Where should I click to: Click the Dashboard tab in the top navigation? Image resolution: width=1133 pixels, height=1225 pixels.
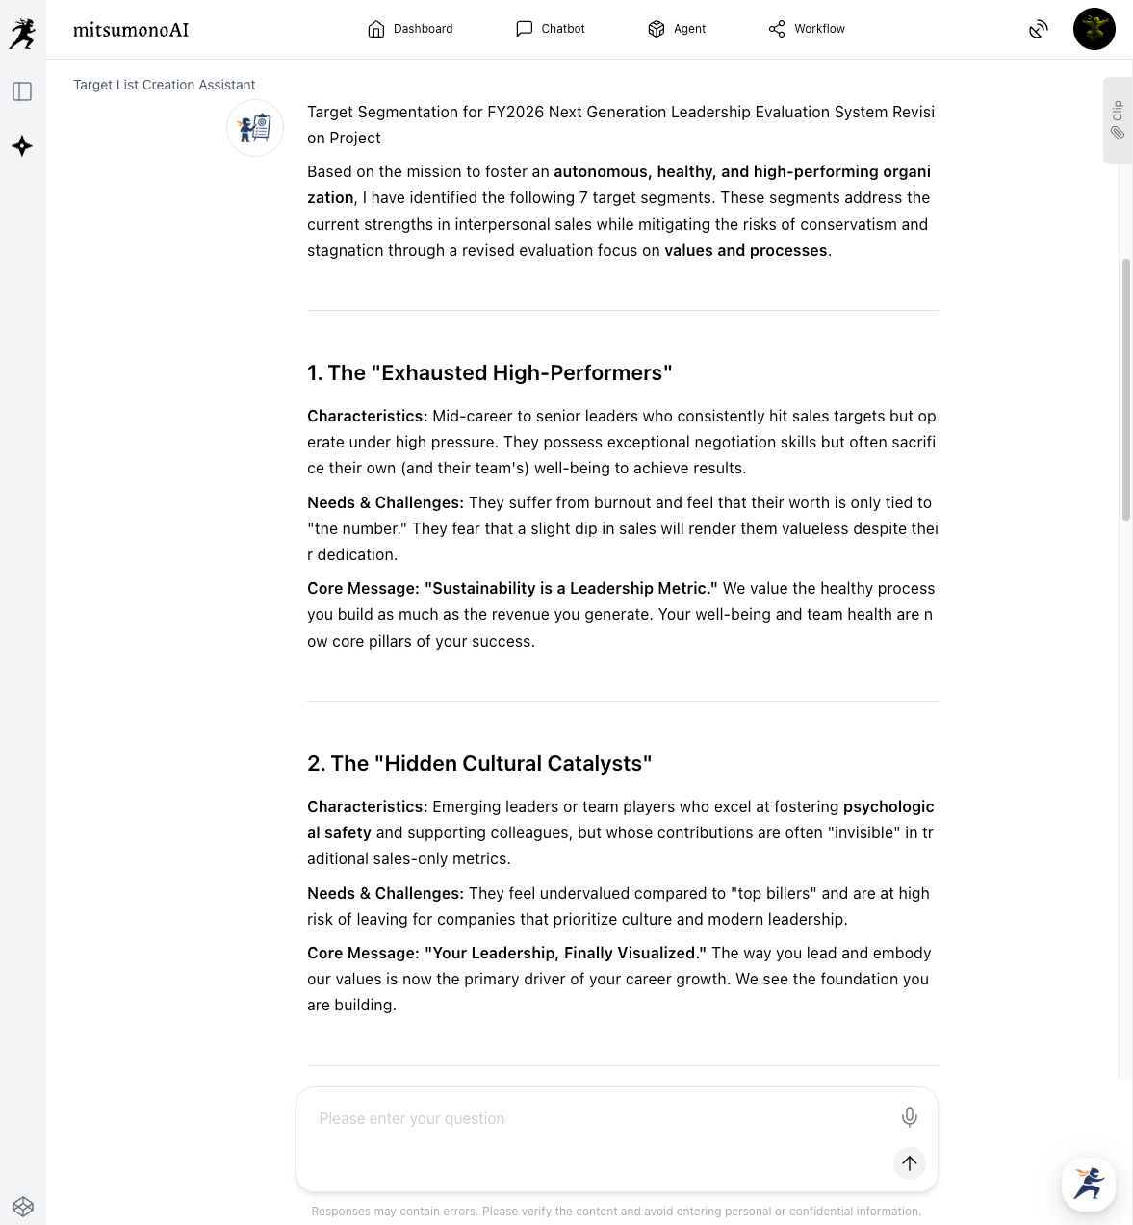coord(410,29)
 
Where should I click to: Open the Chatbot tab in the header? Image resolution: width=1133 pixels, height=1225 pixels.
coord(551,29)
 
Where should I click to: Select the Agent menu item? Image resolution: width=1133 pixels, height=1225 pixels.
coord(677,29)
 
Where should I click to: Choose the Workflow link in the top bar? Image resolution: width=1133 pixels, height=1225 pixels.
coord(807,29)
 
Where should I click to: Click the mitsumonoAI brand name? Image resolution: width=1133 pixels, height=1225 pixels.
coord(131,30)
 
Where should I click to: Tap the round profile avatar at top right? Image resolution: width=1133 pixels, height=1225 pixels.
coord(1094,29)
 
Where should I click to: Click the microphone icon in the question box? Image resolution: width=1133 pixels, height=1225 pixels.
coord(909,1116)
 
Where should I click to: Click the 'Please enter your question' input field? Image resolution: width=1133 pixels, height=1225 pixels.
coord(597,1118)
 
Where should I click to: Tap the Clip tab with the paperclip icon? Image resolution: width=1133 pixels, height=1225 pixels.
coord(1118,120)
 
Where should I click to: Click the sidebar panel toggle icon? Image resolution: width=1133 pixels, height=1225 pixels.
coord(22,91)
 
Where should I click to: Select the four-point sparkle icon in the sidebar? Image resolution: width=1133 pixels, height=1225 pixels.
coord(22,146)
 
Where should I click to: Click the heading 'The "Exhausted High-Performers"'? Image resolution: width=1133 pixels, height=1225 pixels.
coord(489,372)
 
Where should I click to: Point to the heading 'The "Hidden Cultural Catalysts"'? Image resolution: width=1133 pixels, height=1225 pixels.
coord(479,763)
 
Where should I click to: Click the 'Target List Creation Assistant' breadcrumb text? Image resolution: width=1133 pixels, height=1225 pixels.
coord(164,85)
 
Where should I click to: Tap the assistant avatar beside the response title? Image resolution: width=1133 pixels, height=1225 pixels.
coord(255,128)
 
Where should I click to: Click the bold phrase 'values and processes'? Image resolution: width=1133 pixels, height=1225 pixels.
coord(745,250)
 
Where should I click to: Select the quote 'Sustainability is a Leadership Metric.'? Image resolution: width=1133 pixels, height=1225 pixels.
coord(571,588)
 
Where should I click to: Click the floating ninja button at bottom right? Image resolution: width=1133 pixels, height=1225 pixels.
coord(1088,1184)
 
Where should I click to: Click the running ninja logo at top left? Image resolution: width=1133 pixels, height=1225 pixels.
coord(22,34)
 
